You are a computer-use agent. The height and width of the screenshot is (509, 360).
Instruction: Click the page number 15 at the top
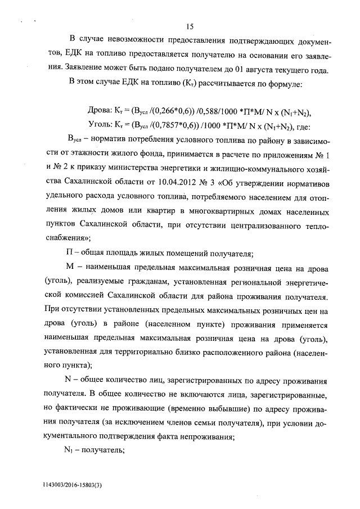pyautogui.click(x=189, y=26)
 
